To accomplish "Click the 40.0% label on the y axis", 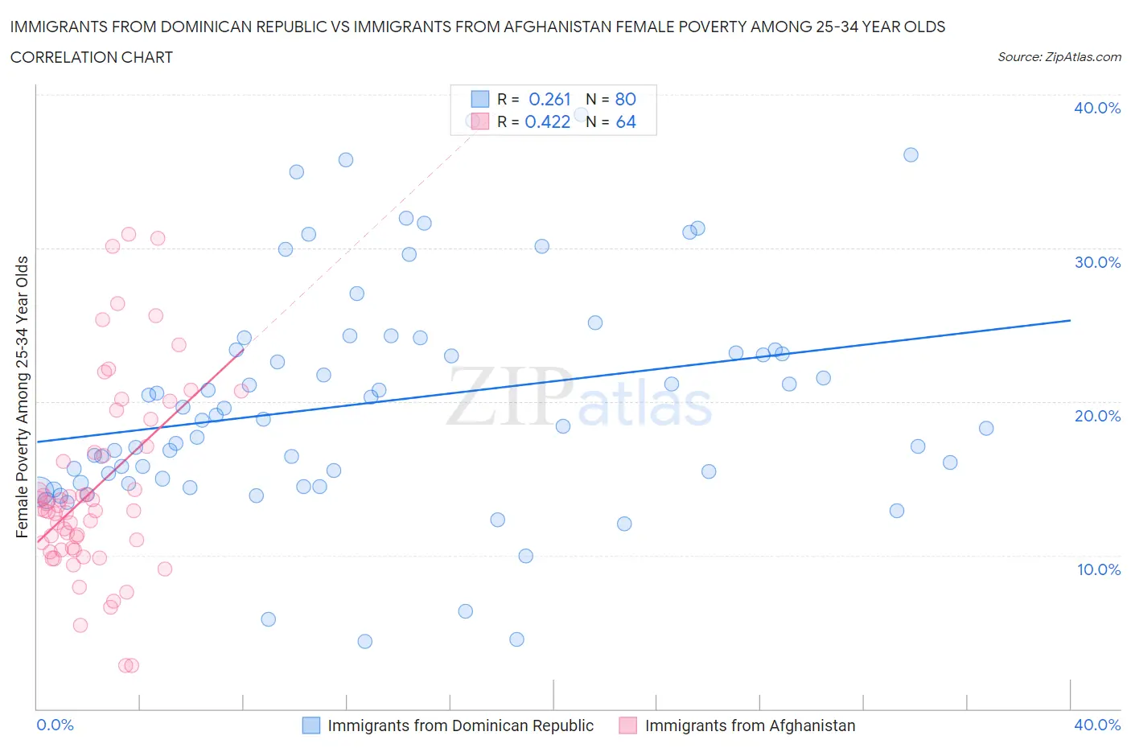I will click(1096, 108).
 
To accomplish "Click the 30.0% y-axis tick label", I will click(1096, 262).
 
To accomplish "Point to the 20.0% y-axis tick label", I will click(1096, 416).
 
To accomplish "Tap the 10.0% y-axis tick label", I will click(1098, 569).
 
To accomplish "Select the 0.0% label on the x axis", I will click(55, 725).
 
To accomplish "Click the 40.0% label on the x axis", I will click(1097, 725).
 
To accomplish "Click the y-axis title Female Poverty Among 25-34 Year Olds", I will click(22, 397).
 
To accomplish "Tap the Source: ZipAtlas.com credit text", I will click(1059, 57).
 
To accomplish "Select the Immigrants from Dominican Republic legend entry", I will click(460, 725).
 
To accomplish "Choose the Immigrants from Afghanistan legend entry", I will click(750, 725).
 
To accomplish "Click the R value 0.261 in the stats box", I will click(549, 99).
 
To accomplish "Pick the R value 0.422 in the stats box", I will click(547, 121).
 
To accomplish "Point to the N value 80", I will click(625, 99).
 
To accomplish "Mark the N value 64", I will click(625, 121).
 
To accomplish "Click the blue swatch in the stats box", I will click(479, 99).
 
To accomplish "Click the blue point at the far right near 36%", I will click(911, 155).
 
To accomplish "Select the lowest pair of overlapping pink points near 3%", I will click(129, 665).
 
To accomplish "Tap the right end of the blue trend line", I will click(1070, 320).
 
